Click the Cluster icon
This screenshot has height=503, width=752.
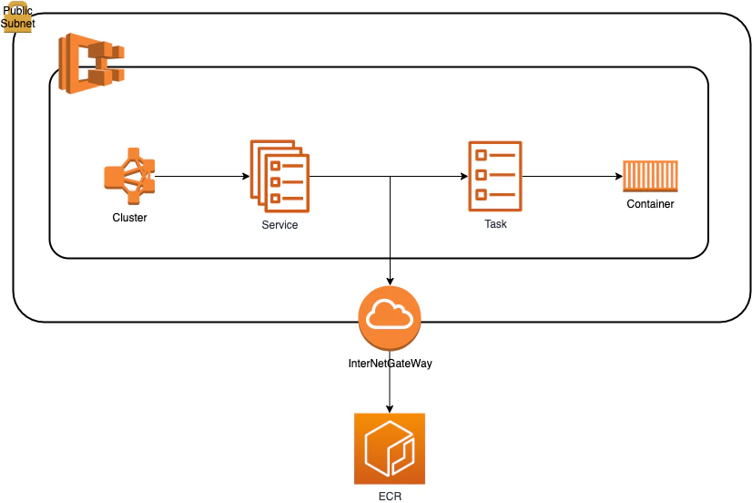coord(129,176)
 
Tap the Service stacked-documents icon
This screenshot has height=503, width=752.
coord(279,176)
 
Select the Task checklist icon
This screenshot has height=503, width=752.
coord(495,176)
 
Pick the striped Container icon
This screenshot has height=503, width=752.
coord(650,176)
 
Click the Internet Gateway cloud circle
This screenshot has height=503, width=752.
coord(390,317)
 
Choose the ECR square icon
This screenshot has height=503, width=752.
coord(390,448)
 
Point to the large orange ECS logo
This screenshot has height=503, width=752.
coord(91,63)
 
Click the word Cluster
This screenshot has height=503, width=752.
coord(129,218)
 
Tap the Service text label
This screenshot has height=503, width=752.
coord(279,225)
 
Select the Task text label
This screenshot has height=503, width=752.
coord(495,223)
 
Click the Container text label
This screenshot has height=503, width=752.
coord(650,204)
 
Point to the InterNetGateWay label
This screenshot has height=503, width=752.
coord(390,364)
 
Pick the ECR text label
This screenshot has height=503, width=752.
coord(390,497)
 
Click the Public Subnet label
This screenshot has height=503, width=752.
coord(17,16)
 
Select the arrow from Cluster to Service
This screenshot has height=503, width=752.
coord(202,176)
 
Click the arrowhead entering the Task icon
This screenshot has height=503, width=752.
coord(464,176)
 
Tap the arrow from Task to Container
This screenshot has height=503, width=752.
coord(573,176)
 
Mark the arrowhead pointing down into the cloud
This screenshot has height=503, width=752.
coord(390,282)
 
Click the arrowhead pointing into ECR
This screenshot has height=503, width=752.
coord(390,408)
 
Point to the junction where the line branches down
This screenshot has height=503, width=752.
coord(390,176)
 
